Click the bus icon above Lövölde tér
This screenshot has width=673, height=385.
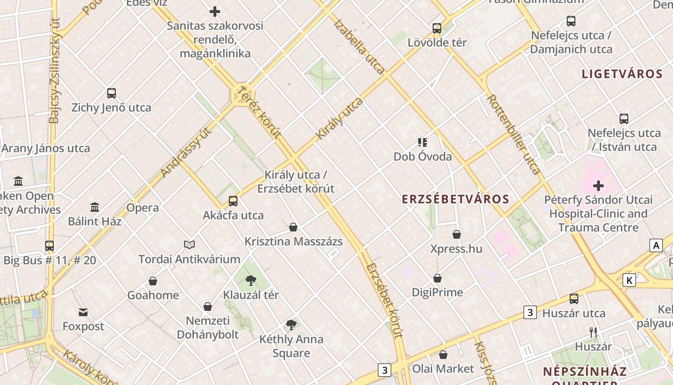(x=436, y=28)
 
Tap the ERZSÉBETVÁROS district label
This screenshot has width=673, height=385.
(x=455, y=199)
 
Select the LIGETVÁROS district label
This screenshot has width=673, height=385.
(x=622, y=74)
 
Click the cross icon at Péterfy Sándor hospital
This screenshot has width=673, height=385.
(x=598, y=186)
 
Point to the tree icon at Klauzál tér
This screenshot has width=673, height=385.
(x=250, y=281)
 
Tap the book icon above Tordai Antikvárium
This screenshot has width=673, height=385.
(x=189, y=245)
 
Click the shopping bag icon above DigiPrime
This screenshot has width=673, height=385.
(x=437, y=278)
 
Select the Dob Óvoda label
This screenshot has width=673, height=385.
(x=423, y=157)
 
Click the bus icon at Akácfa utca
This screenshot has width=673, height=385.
(x=233, y=201)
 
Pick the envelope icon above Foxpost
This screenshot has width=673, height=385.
(x=83, y=312)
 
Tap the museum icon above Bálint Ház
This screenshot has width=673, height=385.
(x=95, y=207)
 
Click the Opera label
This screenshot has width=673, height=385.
(x=142, y=208)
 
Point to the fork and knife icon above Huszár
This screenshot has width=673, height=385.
(x=593, y=333)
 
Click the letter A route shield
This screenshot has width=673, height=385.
(x=656, y=245)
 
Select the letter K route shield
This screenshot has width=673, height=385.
(x=629, y=280)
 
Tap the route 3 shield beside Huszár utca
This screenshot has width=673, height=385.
(x=530, y=312)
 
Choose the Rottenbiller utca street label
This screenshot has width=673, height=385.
(x=514, y=134)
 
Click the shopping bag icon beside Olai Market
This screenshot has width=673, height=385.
(x=443, y=355)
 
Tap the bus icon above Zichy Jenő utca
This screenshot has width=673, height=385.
(x=112, y=93)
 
